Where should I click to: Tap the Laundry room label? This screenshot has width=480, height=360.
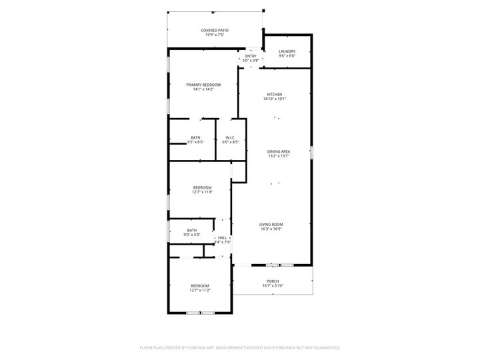pos(287,51)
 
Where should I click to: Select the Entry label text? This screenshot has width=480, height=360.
pos(250,56)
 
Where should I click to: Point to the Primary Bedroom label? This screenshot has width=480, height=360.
pos(203,85)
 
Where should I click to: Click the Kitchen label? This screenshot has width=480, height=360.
pos(275,95)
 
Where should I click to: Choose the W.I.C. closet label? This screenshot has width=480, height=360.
pos(231,138)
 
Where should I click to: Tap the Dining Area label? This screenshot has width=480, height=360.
pos(279,152)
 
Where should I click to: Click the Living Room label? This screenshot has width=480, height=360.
pos(271,224)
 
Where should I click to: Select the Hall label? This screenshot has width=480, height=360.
pos(223,238)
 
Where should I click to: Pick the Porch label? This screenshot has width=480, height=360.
pos(272,281)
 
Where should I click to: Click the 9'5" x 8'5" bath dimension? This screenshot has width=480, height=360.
pos(195,142)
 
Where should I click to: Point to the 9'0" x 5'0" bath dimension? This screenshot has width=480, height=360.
pos(192,235)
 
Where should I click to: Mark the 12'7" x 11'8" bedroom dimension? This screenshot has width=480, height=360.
pos(202,192)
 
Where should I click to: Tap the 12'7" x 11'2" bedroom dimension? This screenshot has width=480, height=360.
pos(200,290)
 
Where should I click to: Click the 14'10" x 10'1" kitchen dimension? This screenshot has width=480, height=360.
pos(275,99)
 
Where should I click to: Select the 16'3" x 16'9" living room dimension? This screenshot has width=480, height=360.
pos(271,229)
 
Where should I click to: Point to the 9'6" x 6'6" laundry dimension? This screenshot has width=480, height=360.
pos(287,56)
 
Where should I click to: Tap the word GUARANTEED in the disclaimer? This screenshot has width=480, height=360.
pos(325,347)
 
